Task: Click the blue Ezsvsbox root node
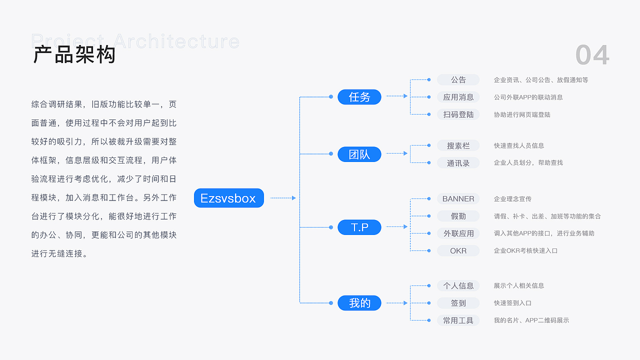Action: tap(228, 198)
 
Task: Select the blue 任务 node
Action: tap(359, 97)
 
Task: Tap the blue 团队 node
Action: tap(359, 154)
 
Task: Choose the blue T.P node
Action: tap(359, 227)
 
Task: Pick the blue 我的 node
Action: tap(359, 303)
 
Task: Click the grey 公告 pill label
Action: tap(458, 79)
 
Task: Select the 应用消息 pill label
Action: tap(458, 97)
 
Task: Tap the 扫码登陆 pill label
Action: tap(458, 114)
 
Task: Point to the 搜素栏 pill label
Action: tap(458, 145)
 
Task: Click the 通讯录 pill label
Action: tap(458, 163)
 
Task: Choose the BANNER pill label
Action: tap(458, 198)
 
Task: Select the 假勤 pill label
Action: tap(458, 216)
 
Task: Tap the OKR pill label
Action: tap(458, 250)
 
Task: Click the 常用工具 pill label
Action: tap(458, 320)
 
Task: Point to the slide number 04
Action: tap(592, 54)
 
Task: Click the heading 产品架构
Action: tap(74, 54)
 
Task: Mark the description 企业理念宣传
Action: tap(512, 199)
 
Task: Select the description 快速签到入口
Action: tap(512, 303)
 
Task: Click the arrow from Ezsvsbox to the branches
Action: tap(283, 198)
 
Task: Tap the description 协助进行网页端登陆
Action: tap(522, 114)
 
